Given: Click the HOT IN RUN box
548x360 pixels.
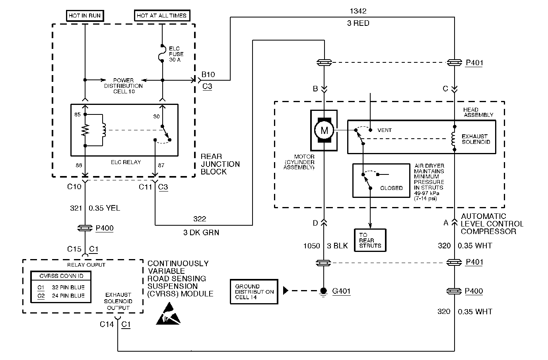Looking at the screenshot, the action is (85, 15).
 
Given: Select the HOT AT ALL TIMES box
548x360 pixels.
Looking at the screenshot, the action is (162, 15).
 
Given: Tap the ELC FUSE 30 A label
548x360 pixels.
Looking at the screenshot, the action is (176, 54).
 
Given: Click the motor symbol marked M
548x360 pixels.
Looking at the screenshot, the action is (324, 130).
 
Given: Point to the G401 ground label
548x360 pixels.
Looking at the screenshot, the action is (341, 291).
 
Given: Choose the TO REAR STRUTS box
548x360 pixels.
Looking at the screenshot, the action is (370, 240).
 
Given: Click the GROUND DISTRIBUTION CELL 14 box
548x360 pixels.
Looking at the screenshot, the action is (254, 292).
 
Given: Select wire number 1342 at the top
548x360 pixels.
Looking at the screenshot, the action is (358, 11).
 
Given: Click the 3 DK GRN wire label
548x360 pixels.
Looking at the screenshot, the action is (201, 232).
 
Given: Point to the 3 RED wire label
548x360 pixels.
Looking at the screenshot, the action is (358, 23).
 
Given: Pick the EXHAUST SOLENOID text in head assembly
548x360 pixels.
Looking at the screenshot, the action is (476, 139).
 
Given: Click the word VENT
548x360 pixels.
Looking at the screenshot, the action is (384, 130).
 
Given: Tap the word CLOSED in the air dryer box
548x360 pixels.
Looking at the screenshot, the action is (391, 188).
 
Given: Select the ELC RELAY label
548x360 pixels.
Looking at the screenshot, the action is (126, 162).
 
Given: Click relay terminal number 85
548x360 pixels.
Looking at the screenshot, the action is (77, 114).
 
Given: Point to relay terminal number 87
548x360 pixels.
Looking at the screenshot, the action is (161, 165).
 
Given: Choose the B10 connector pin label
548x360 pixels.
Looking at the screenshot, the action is (208, 75).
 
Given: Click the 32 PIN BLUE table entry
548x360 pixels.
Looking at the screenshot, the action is (68, 287).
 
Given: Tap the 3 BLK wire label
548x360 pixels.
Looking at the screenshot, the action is (337, 246).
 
